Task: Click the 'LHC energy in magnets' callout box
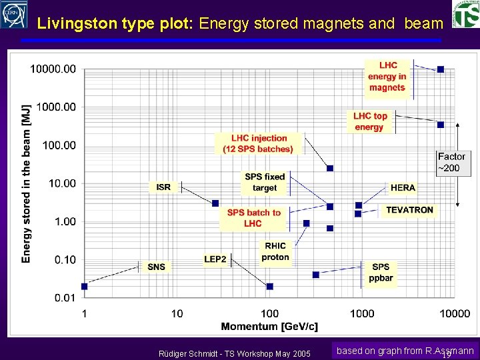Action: tap(387, 77)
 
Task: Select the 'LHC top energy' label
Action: tap(370, 121)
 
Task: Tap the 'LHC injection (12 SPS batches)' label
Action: tap(259, 143)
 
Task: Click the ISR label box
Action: tap(163, 187)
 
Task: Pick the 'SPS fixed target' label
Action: tap(265, 182)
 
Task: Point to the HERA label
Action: tap(403, 188)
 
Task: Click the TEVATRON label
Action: tap(409, 210)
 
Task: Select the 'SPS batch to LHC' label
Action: tap(253, 218)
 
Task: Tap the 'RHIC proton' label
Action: tap(275, 251)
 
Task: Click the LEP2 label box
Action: tap(215, 259)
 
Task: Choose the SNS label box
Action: tap(156, 267)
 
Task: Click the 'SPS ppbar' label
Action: tap(381, 273)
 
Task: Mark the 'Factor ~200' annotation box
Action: tap(451, 162)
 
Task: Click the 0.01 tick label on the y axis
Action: tap(65, 297)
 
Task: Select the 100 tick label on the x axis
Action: tap(269, 313)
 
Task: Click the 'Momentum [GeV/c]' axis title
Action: tap(269, 327)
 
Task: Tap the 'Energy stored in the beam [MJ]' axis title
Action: tap(26, 183)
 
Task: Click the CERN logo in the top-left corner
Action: tap(14, 15)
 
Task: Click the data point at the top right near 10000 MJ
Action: tap(440, 69)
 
